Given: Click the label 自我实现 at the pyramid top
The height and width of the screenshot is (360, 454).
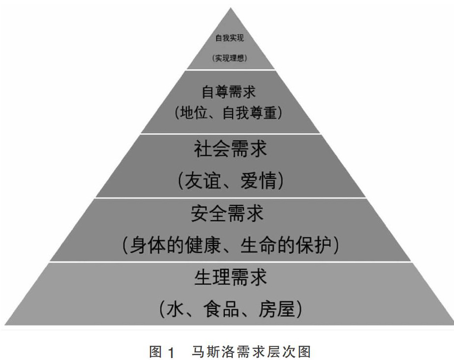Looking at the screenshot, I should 229,38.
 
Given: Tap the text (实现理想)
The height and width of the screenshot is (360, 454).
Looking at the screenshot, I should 229,57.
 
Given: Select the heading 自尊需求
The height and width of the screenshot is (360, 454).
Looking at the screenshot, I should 229,92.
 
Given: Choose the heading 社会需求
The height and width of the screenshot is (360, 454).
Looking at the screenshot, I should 230,148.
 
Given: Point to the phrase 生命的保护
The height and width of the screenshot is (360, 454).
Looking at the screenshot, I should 286,245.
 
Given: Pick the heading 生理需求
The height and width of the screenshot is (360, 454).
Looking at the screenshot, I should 230,278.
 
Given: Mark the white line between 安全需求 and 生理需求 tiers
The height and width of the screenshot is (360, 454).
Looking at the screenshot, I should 230,262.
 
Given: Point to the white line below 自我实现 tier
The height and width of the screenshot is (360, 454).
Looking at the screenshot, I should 230,70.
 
